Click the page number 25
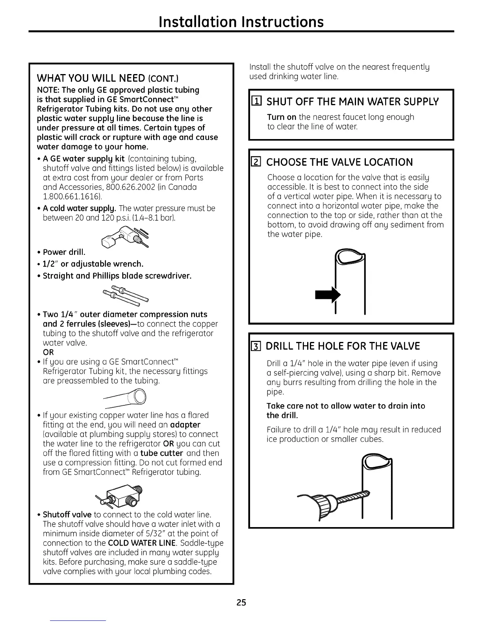pyautogui.click(x=241, y=602)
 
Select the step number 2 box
pyautogui.click(x=256, y=162)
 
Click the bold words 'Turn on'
pyautogui.click(x=281, y=117)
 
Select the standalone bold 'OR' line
pyautogui.click(x=48, y=352)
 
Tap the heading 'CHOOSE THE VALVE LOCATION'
pyautogui.click(x=339, y=162)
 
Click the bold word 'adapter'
pyautogui.click(x=185, y=425)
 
